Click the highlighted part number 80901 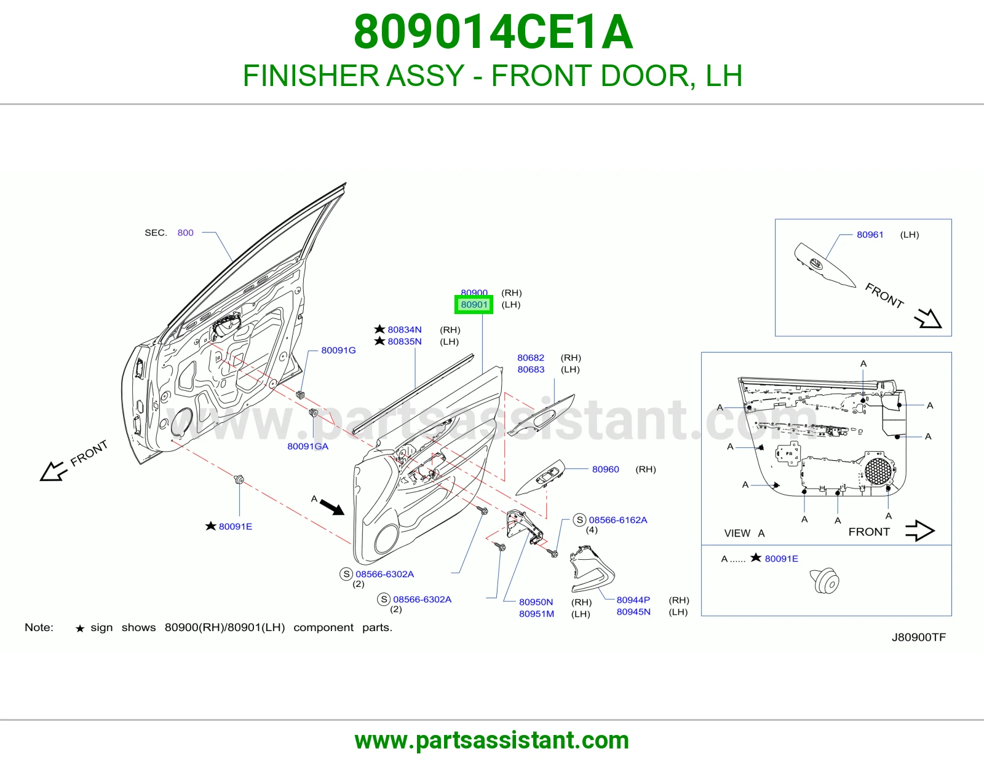click(474, 305)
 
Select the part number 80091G click(338, 350)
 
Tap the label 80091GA click(308, 446)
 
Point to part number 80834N click(405, 330)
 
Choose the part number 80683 click(531, 369)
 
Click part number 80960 click(605, 469)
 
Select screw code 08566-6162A click(617, 520)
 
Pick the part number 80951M click(537, 613)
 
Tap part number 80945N click(633, 612)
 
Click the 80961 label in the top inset click(870, 234)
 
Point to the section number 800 click(185, 232)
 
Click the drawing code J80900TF click(919, 637)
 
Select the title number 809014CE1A click(493, 32)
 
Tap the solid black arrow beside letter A click(332, 507)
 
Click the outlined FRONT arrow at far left click(53, 471)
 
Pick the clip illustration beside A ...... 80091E click(824, 581)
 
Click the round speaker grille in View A click(878, 471)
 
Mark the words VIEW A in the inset click(744, 533)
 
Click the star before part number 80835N click(379, 340)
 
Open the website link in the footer click(492, 740)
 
